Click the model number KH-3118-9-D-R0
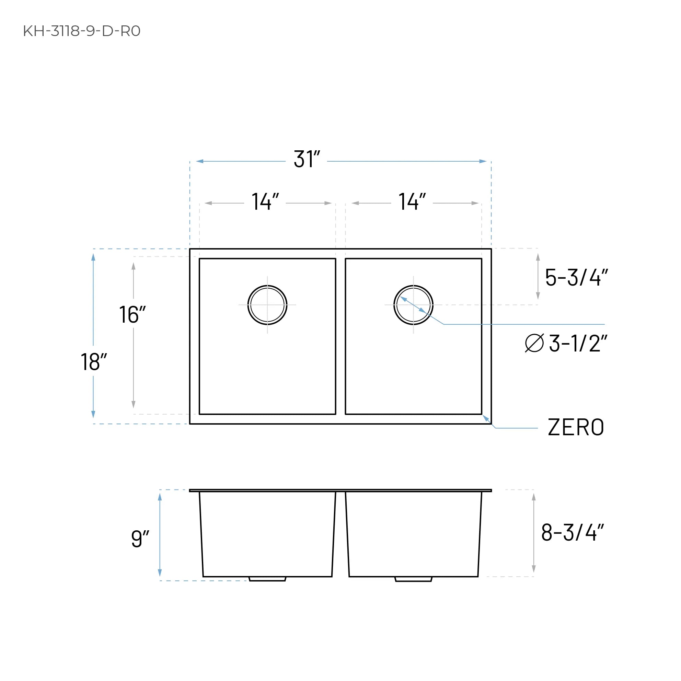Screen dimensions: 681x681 [x=82, y=31]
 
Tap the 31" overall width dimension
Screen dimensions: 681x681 [x=307, y=159]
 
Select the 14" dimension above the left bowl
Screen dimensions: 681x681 [x=265, y=202]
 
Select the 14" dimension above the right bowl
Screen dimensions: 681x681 [x=412, y=202]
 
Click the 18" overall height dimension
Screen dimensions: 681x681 [x=93, y=362]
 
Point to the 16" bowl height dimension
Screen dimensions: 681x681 [x=132, y=314]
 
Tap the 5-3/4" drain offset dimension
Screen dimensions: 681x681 [x=576, y=277]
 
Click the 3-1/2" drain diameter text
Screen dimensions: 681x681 [x=578, y=343]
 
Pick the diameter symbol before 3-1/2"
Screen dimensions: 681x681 [x=534, y=343]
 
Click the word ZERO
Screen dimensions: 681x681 [x=576, y=428]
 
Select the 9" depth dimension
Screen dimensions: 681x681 [x=140, y=538]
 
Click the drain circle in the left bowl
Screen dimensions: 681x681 [x=267, y=304]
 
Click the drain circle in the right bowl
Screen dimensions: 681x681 [x=413, y=304]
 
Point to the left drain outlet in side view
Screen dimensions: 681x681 [x=267, y=579]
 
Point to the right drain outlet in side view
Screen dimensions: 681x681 [x=413, y=579]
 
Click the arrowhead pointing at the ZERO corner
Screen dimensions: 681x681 [x=486, y=418]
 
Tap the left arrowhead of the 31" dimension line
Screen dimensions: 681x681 [x=200, y=161]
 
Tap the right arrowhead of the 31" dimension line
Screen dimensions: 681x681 [x=483, y=161]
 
